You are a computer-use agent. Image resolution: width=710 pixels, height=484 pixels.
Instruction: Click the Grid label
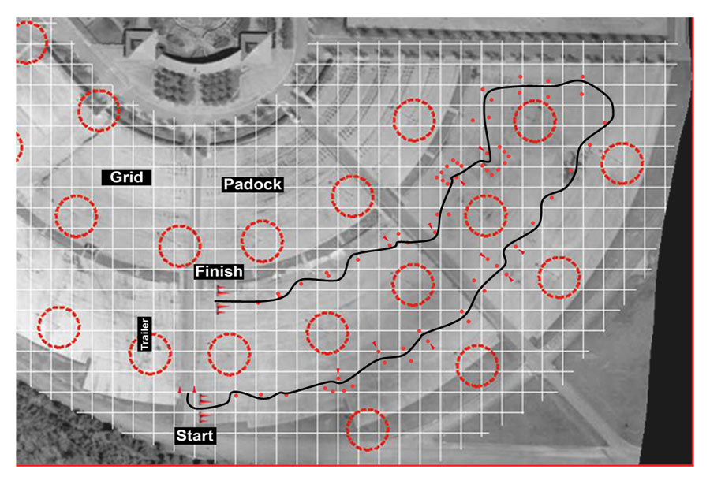tap(126, 177)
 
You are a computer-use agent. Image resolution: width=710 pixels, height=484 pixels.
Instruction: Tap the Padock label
tap(252, 184)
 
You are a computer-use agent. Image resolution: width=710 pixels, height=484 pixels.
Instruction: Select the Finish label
tap(219, 271)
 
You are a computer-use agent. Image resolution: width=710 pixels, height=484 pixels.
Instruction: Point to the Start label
tap(195, 436)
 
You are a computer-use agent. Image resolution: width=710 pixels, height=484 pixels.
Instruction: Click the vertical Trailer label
tap(144, 333)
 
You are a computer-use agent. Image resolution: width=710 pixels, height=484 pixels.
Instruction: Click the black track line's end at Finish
tap(215, 301)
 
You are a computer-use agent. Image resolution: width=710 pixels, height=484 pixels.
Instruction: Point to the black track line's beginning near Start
tap(188, 393)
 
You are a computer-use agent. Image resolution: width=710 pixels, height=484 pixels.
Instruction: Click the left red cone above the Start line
tap(180, 389)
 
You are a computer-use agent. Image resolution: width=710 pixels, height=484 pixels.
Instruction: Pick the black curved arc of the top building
tap(200, 55)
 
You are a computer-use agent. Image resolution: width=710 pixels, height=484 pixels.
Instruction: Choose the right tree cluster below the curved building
tap(219, 85)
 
